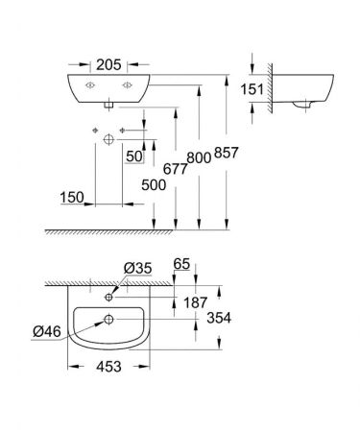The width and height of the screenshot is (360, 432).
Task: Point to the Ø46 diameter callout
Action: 47,332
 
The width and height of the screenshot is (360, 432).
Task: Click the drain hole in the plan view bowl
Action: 109,319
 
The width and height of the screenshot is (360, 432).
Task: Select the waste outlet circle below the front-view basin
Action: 108,139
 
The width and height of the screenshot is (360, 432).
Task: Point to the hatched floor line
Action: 144,232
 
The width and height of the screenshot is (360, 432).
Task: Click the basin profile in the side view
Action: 308,90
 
